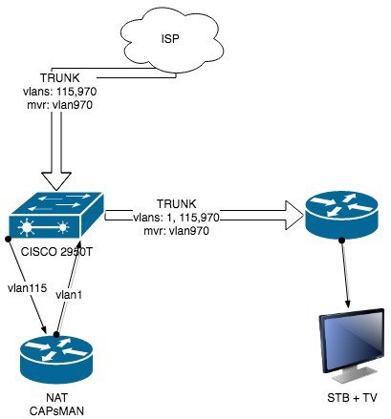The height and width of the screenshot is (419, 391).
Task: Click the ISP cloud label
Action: coord(170,39)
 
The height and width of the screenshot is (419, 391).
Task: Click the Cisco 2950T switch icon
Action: coord(56,215)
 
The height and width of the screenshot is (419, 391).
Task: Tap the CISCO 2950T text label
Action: coord(56,252)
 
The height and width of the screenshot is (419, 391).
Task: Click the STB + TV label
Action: coord(352,398)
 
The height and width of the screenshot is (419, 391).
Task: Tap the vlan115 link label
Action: coord(28,288)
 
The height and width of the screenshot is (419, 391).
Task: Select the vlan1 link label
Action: coord(69,295)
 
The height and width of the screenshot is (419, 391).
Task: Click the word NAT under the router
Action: coord(56,398)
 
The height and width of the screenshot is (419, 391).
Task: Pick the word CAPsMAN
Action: coord(56,410)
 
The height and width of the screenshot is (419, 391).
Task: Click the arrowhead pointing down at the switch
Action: coord(56,181)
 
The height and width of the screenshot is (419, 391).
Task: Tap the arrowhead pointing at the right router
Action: coord(294,215)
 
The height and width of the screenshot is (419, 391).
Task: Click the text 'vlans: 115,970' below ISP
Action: coord(60,92)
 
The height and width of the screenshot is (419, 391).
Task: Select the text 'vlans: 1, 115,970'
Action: coord(176,218)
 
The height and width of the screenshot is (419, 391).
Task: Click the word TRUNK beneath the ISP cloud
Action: coord(60,78)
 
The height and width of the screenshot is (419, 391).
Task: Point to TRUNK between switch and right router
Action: coord(177,204)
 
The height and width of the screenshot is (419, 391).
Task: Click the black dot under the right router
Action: coord(342,241)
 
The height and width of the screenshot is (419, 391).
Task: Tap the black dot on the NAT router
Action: coord(56,334)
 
